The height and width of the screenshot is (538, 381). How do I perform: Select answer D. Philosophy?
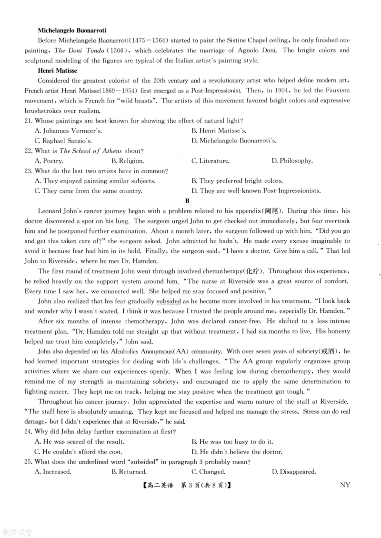pos(292,161)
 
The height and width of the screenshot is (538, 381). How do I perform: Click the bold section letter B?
pos(187,201)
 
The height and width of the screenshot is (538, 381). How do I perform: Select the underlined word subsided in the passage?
pos(168,301)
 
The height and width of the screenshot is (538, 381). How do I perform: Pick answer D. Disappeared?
pos(293,472)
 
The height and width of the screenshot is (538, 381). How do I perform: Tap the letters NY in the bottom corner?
pos(345,485)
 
